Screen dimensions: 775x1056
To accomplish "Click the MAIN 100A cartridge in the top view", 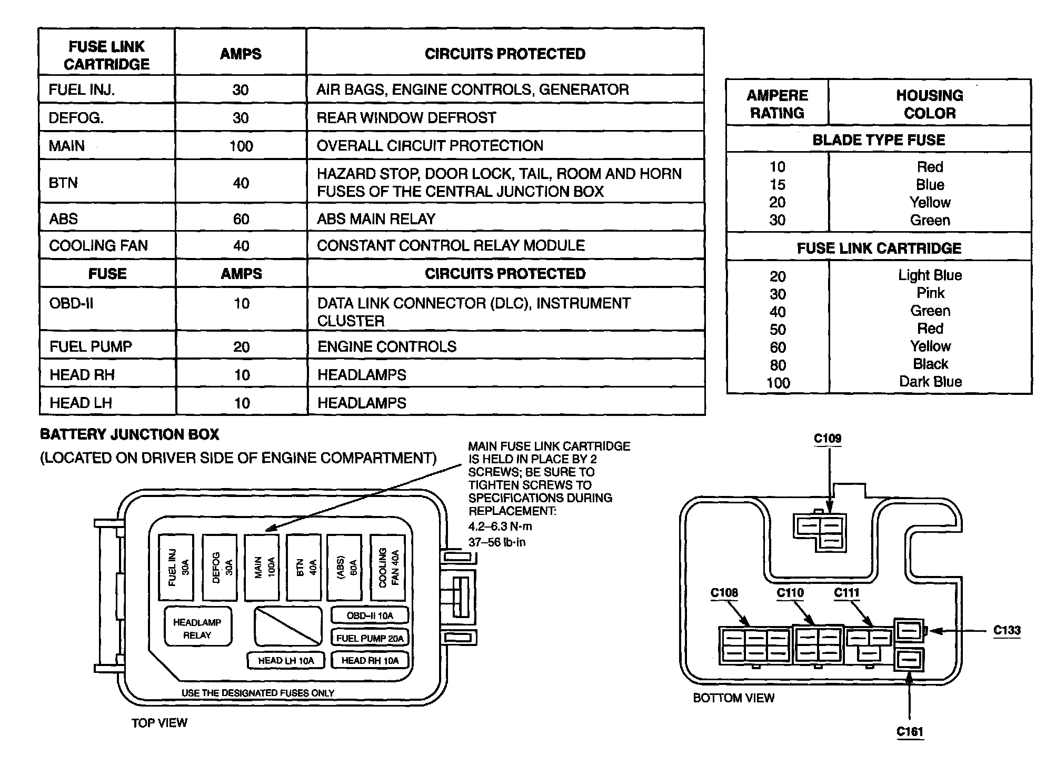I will pos(262,567).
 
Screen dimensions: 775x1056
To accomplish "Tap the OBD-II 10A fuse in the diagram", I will pos(370,615).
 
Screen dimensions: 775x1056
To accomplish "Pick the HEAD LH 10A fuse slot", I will pos(286,660).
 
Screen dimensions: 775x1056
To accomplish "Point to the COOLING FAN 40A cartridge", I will pos(388,567).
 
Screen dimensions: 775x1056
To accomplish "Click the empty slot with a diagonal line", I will pos(288,625).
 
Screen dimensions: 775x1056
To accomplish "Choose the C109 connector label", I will pos(828,439).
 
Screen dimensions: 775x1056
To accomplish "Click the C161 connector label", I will pos(910,731).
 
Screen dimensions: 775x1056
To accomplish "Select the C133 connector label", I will pos(1007,630).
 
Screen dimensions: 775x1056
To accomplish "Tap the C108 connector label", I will pos(724,593).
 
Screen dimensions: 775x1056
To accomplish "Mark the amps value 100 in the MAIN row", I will pos(241,146).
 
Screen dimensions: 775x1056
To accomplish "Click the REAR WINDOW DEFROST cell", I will pos(406,117).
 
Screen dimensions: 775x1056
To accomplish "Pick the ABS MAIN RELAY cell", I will pos(376,218).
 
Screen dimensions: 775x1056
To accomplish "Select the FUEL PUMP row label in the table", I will pos(91,346).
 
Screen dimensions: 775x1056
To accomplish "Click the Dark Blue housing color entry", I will pos(930,382).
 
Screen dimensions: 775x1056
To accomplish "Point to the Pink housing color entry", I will pos(930,293).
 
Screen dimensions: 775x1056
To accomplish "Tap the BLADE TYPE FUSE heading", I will pos(879,140).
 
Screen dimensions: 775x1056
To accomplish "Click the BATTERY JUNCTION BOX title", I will pos(129,434).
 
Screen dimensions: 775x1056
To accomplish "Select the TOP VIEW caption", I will pos(159,723).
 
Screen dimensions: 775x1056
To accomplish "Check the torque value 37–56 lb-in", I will pos(497,542).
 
